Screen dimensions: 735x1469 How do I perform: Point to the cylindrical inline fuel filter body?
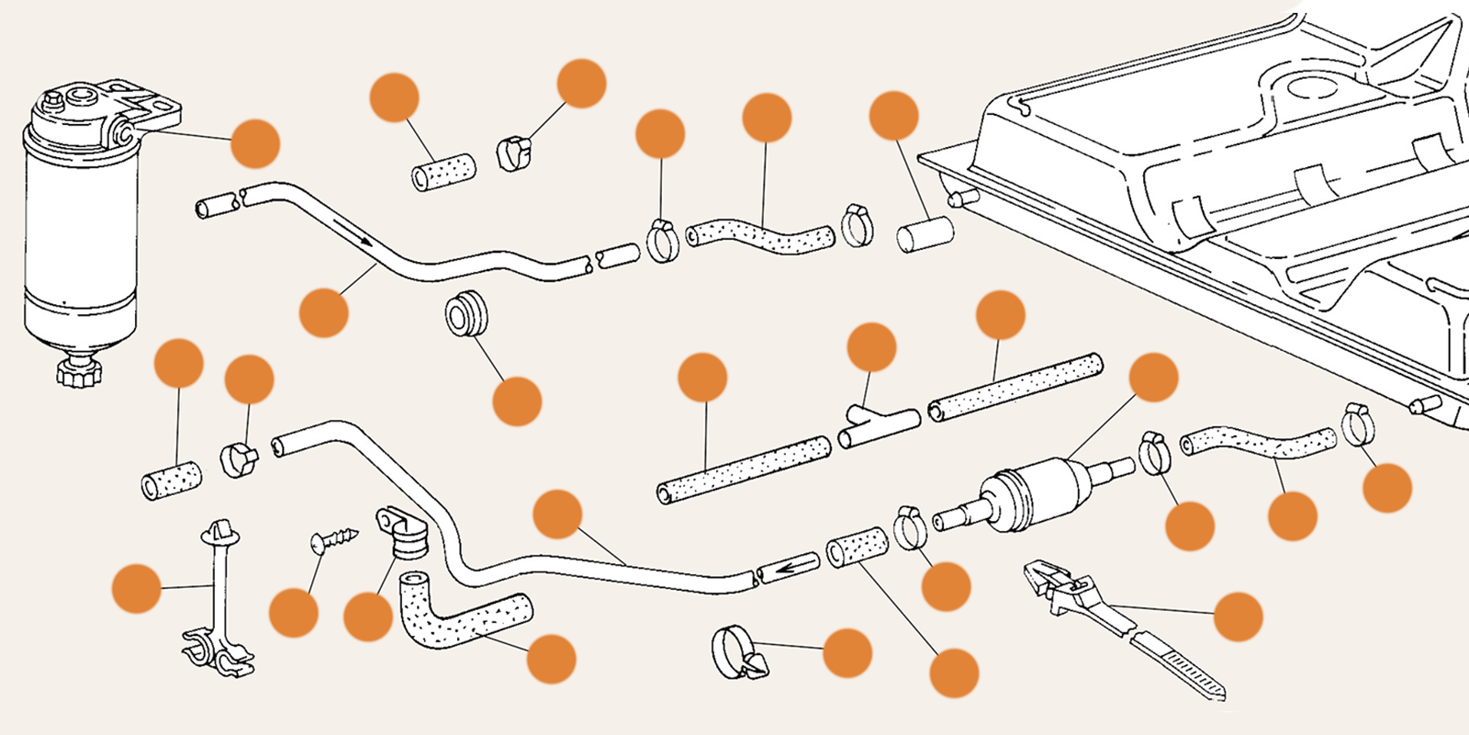pyautogui.click(x=1033, y=496)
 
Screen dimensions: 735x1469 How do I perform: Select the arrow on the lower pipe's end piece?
pyautogui.click(x=785, y=569)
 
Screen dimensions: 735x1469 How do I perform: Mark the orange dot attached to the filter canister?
pyautogui.click(x=254, y=143)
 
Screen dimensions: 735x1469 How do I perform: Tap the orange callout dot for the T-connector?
pyautogui.click(x=871, y=347)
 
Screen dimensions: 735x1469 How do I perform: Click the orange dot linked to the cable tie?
pyautogui.click(x=1238, y=616)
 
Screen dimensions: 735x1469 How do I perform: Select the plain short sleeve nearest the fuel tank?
pyautogui.click(x=925, y=233)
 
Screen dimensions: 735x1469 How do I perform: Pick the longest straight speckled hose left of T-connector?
pyautogui.click(x=744, y=469)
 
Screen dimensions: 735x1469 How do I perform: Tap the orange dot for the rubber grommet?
pyautogui.click(x=517, y=401)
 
